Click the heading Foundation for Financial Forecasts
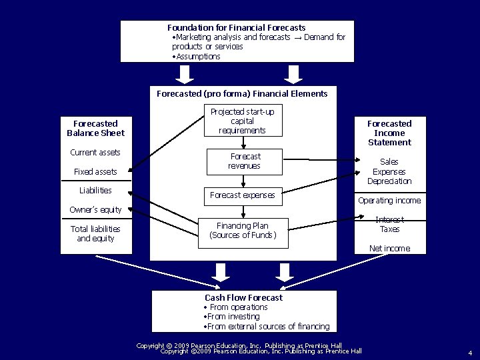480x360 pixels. tap(236, 27)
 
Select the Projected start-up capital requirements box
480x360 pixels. tap(242, 121)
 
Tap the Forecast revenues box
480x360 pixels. tap(244, 161)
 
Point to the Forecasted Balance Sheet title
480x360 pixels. tap(95, 128)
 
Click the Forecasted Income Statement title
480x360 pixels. tap(389, 133)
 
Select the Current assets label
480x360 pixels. tap(95, 153)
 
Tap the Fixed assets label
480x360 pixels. tap(95, 172)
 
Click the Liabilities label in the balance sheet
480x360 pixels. tap(95, 191)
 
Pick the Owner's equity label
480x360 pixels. tap(95, 210)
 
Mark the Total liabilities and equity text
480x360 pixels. tap(95, 233)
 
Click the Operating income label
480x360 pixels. tap(389, 201)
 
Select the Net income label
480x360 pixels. tap(389, 249)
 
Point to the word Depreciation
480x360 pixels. tap(389, 181)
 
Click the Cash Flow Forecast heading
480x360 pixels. tap(243, 297)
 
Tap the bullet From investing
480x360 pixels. tap(231, 317)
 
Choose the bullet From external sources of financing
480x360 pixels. tap(267, 326)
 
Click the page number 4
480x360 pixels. tap(469, 353)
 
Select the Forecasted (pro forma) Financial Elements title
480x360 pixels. tap(242, 94)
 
